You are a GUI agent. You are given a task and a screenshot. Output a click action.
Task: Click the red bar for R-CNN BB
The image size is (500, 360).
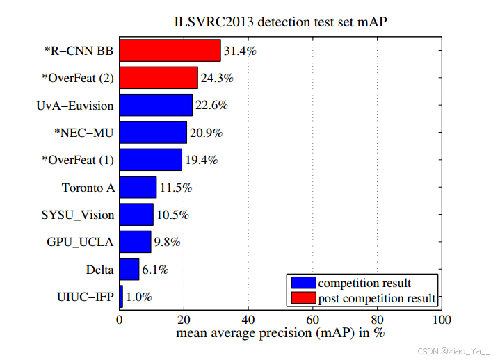[x=170, y=51]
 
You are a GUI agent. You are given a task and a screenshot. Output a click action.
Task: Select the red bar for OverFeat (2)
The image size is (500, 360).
[x=159, y=78]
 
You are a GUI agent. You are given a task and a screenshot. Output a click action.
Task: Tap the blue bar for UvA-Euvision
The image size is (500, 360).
[x=156, y=105]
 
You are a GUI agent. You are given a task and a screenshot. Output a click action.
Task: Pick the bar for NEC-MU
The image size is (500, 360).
[x=153, y=132]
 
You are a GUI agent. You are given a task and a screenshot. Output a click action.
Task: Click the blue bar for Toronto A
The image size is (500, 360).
[x=138, y=187]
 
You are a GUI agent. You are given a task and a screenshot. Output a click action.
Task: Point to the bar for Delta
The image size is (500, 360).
[x=129, y=269]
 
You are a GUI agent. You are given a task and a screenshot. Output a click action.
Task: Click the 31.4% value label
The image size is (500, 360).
[x=240, y=51]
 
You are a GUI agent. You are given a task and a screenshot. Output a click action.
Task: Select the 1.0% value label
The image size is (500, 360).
[x=139, y=297]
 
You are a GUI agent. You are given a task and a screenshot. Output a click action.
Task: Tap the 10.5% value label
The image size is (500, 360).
[x=172, y=215]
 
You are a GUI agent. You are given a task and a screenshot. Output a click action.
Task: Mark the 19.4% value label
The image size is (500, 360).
[x=201, y=160]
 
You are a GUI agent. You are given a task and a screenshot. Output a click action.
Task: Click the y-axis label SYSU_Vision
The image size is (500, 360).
[x=77, y=215]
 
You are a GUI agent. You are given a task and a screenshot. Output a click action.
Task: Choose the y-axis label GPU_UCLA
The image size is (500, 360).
[x=80, y=242]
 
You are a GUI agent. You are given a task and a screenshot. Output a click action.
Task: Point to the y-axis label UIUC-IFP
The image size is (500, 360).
[x=85, y=297]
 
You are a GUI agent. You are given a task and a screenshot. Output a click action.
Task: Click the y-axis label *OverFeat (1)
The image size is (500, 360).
[x=77, y=160]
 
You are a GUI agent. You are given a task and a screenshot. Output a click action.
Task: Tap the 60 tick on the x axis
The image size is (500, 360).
[x=313, y=320]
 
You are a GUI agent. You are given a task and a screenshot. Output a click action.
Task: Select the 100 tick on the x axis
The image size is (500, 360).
[x=442, y=320]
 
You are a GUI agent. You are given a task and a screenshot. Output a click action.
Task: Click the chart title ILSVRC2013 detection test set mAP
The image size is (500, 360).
[x=280, y=20]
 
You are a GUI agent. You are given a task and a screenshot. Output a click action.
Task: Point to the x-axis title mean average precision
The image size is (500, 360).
[x=280, y=334]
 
